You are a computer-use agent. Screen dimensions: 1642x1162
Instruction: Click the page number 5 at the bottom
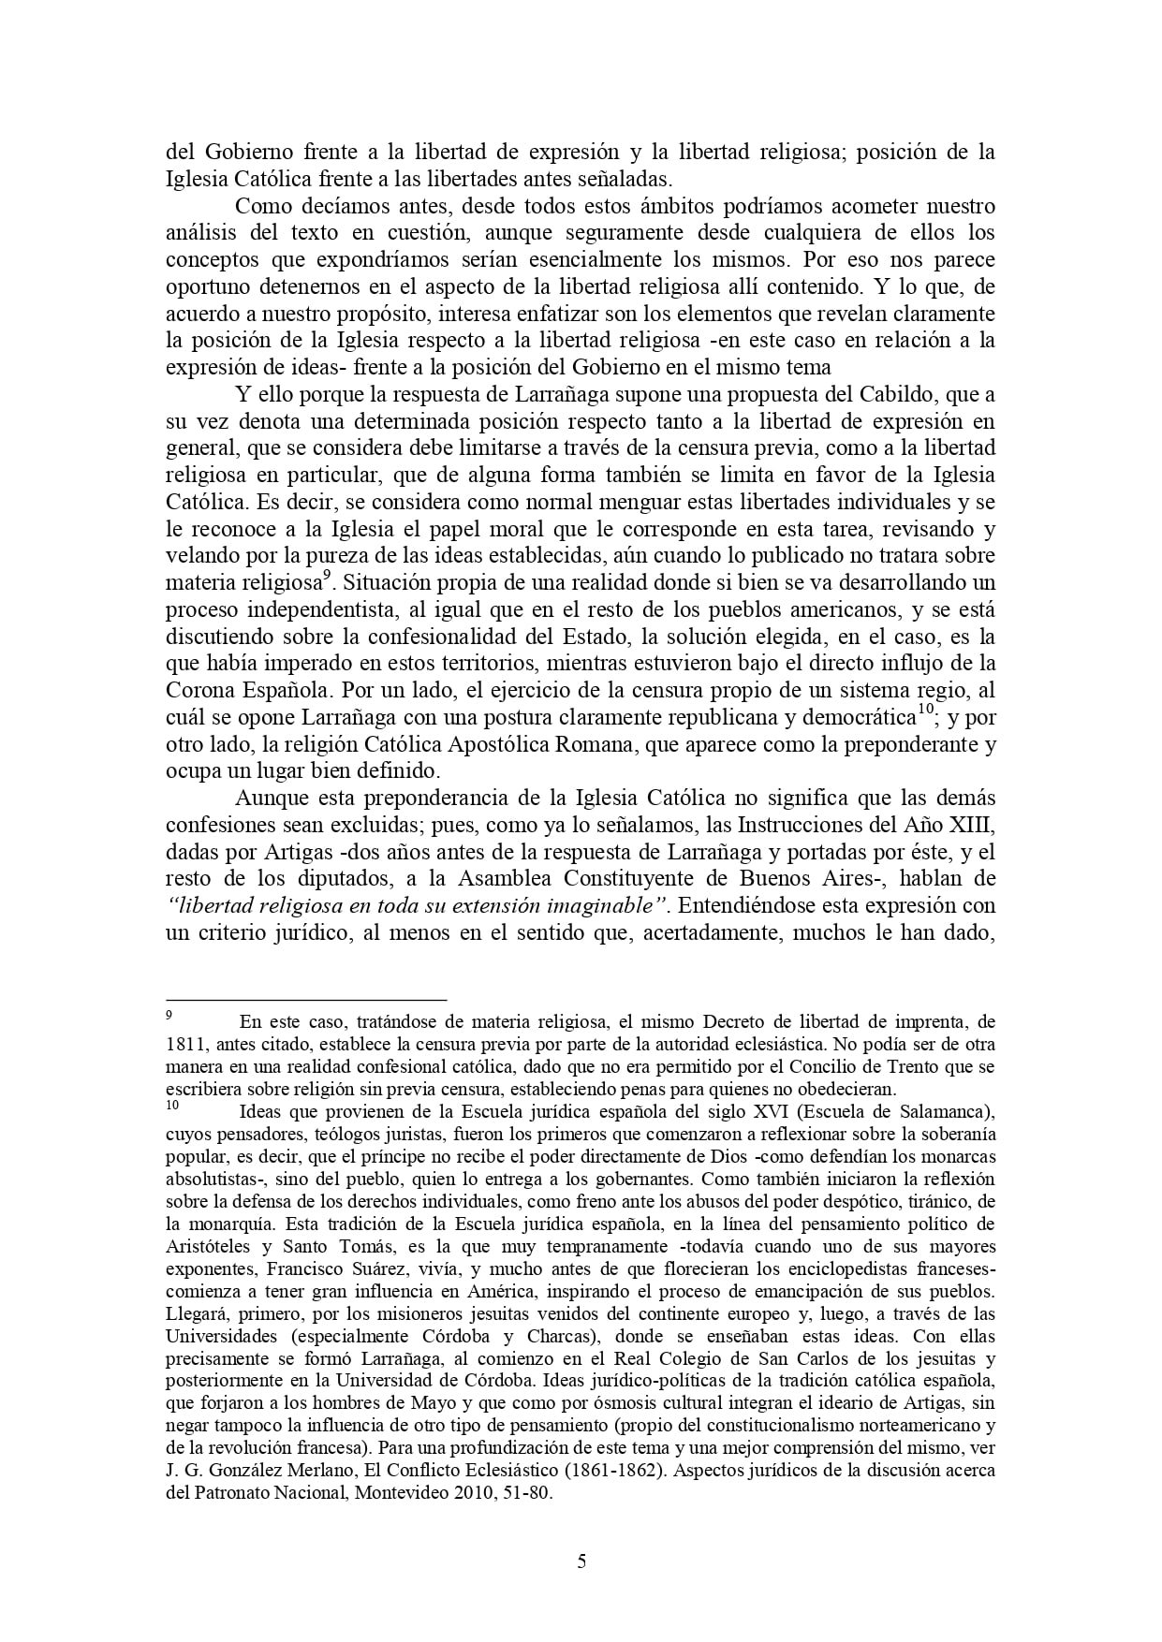pyautogui.click(x=581, y=1561)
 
